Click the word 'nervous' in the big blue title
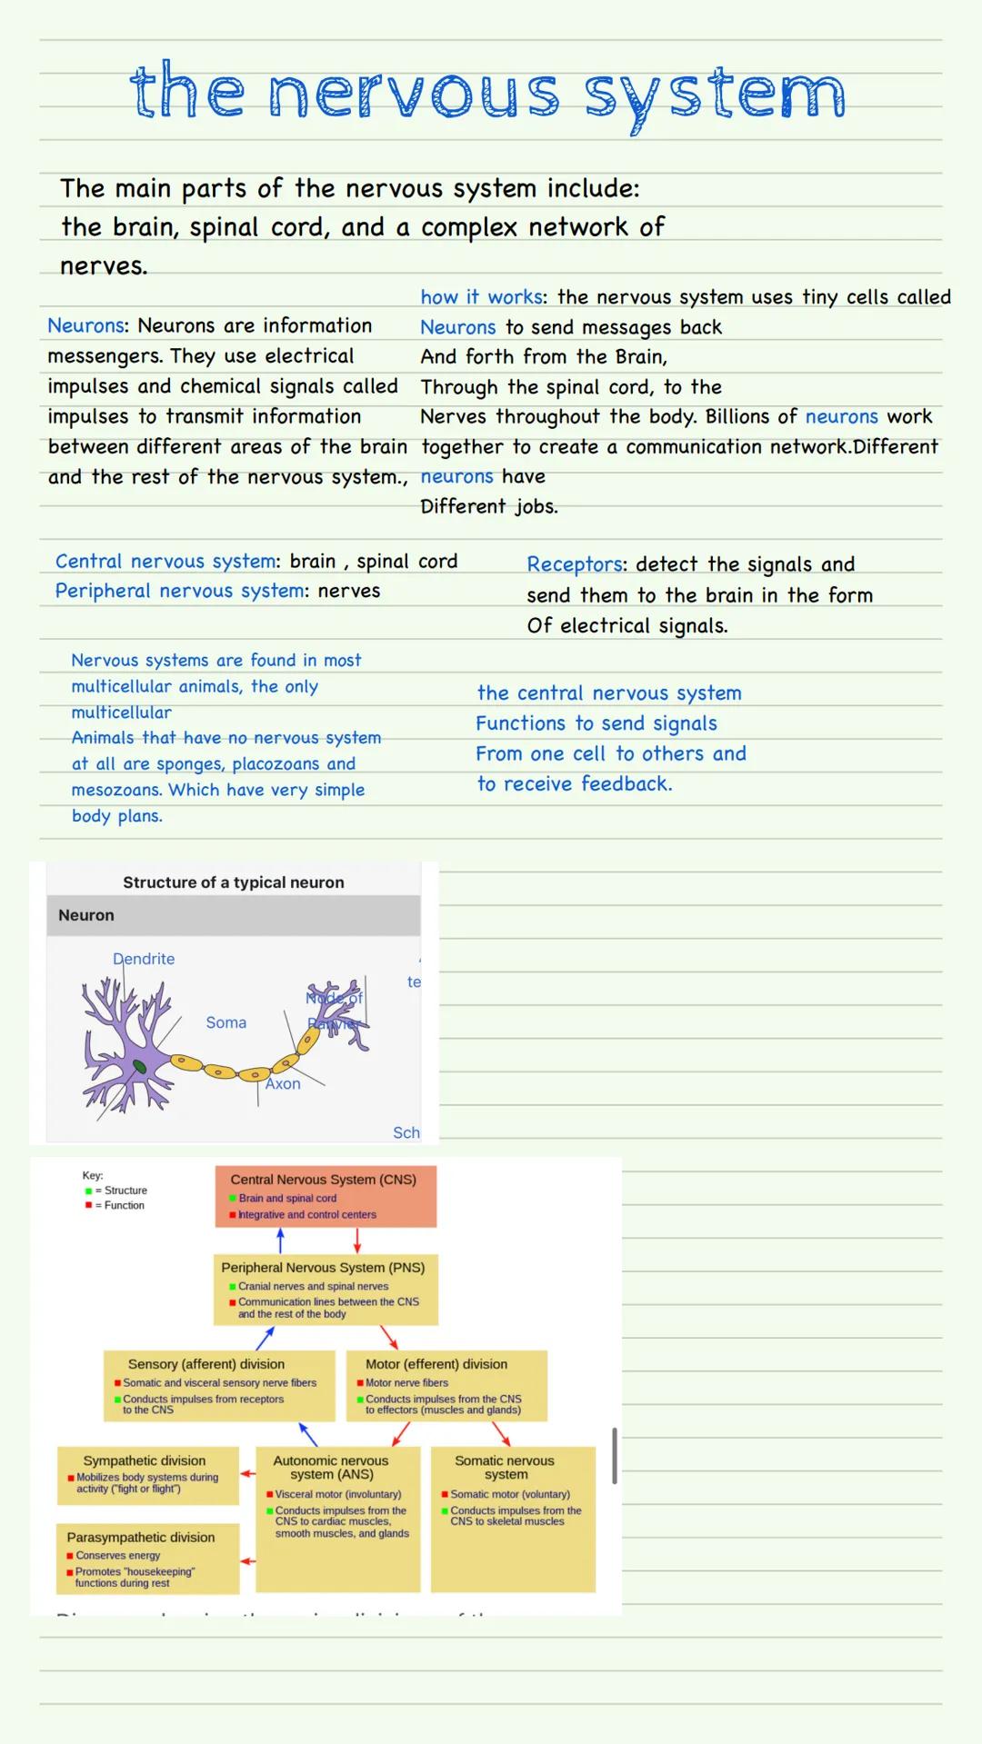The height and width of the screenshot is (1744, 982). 414,95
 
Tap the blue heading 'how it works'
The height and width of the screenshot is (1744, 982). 481,297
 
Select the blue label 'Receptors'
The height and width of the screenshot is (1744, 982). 576,564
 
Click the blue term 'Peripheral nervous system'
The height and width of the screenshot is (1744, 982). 179,591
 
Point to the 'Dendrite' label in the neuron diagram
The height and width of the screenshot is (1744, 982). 144,959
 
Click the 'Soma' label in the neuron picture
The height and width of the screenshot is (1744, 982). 225,1022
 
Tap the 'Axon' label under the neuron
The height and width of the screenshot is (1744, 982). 283,1083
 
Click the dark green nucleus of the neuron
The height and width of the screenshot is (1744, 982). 139,1067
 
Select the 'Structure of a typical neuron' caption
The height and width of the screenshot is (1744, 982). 234,882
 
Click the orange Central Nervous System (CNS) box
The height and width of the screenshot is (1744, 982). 326,1196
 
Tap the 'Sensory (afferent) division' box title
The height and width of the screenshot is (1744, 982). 206,1364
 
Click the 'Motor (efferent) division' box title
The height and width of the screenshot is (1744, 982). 436,1364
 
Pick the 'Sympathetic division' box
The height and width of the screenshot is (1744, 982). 147,1474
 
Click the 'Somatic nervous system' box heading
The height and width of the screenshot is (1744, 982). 506,1467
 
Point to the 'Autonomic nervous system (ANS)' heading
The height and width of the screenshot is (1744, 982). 332,1467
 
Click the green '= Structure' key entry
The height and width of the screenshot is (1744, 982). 121,1191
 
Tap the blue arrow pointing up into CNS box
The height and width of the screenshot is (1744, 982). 280,1239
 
